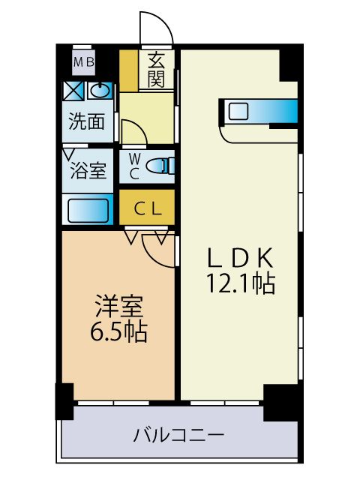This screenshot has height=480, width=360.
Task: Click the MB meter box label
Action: [x=83, y=63]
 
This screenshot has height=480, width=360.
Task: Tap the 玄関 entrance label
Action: [x=156, y=70]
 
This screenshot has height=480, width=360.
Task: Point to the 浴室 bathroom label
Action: [x=88, y=170]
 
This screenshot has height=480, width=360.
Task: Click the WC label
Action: [x=134, y=166]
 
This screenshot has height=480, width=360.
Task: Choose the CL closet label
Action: [x=147, y=209]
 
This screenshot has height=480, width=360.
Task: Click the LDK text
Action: [x=242, y=257]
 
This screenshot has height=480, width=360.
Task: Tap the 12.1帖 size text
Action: [x=242, y=283]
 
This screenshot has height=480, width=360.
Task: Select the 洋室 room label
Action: [x=118, y=306]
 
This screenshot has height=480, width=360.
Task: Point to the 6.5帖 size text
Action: [x=118, y=331]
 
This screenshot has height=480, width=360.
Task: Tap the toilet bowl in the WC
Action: [x=160, y=166]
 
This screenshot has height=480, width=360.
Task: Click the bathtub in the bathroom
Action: [x=90, y=208]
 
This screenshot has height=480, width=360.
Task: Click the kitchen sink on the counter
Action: [x=238, y=112]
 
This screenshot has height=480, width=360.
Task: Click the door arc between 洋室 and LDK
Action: [x=157, y=251]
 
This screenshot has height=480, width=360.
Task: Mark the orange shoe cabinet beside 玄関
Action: [x=129, y=70]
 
